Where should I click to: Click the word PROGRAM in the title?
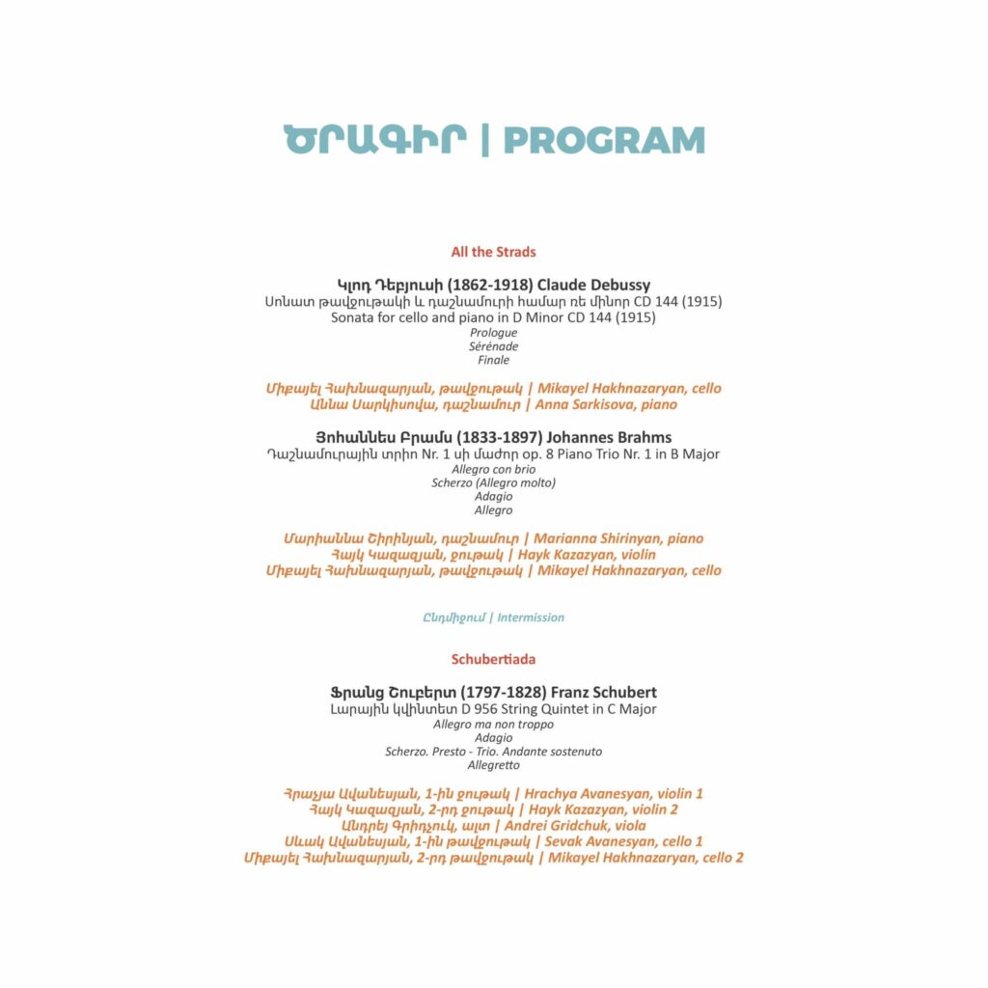pos(604,141)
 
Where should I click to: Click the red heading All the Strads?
pos(493,252)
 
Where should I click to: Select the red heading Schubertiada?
pos(493,659)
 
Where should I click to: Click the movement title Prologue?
pos(493,332)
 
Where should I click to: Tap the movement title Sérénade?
pos(493,345)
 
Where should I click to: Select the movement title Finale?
pos(493,360)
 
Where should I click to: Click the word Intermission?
pos(531,617)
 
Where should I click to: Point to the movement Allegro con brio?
pos(493,469)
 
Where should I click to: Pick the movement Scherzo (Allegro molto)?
pos(493,482)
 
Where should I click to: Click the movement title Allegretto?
pos(493,764)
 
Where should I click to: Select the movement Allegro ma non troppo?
pos(493,724)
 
